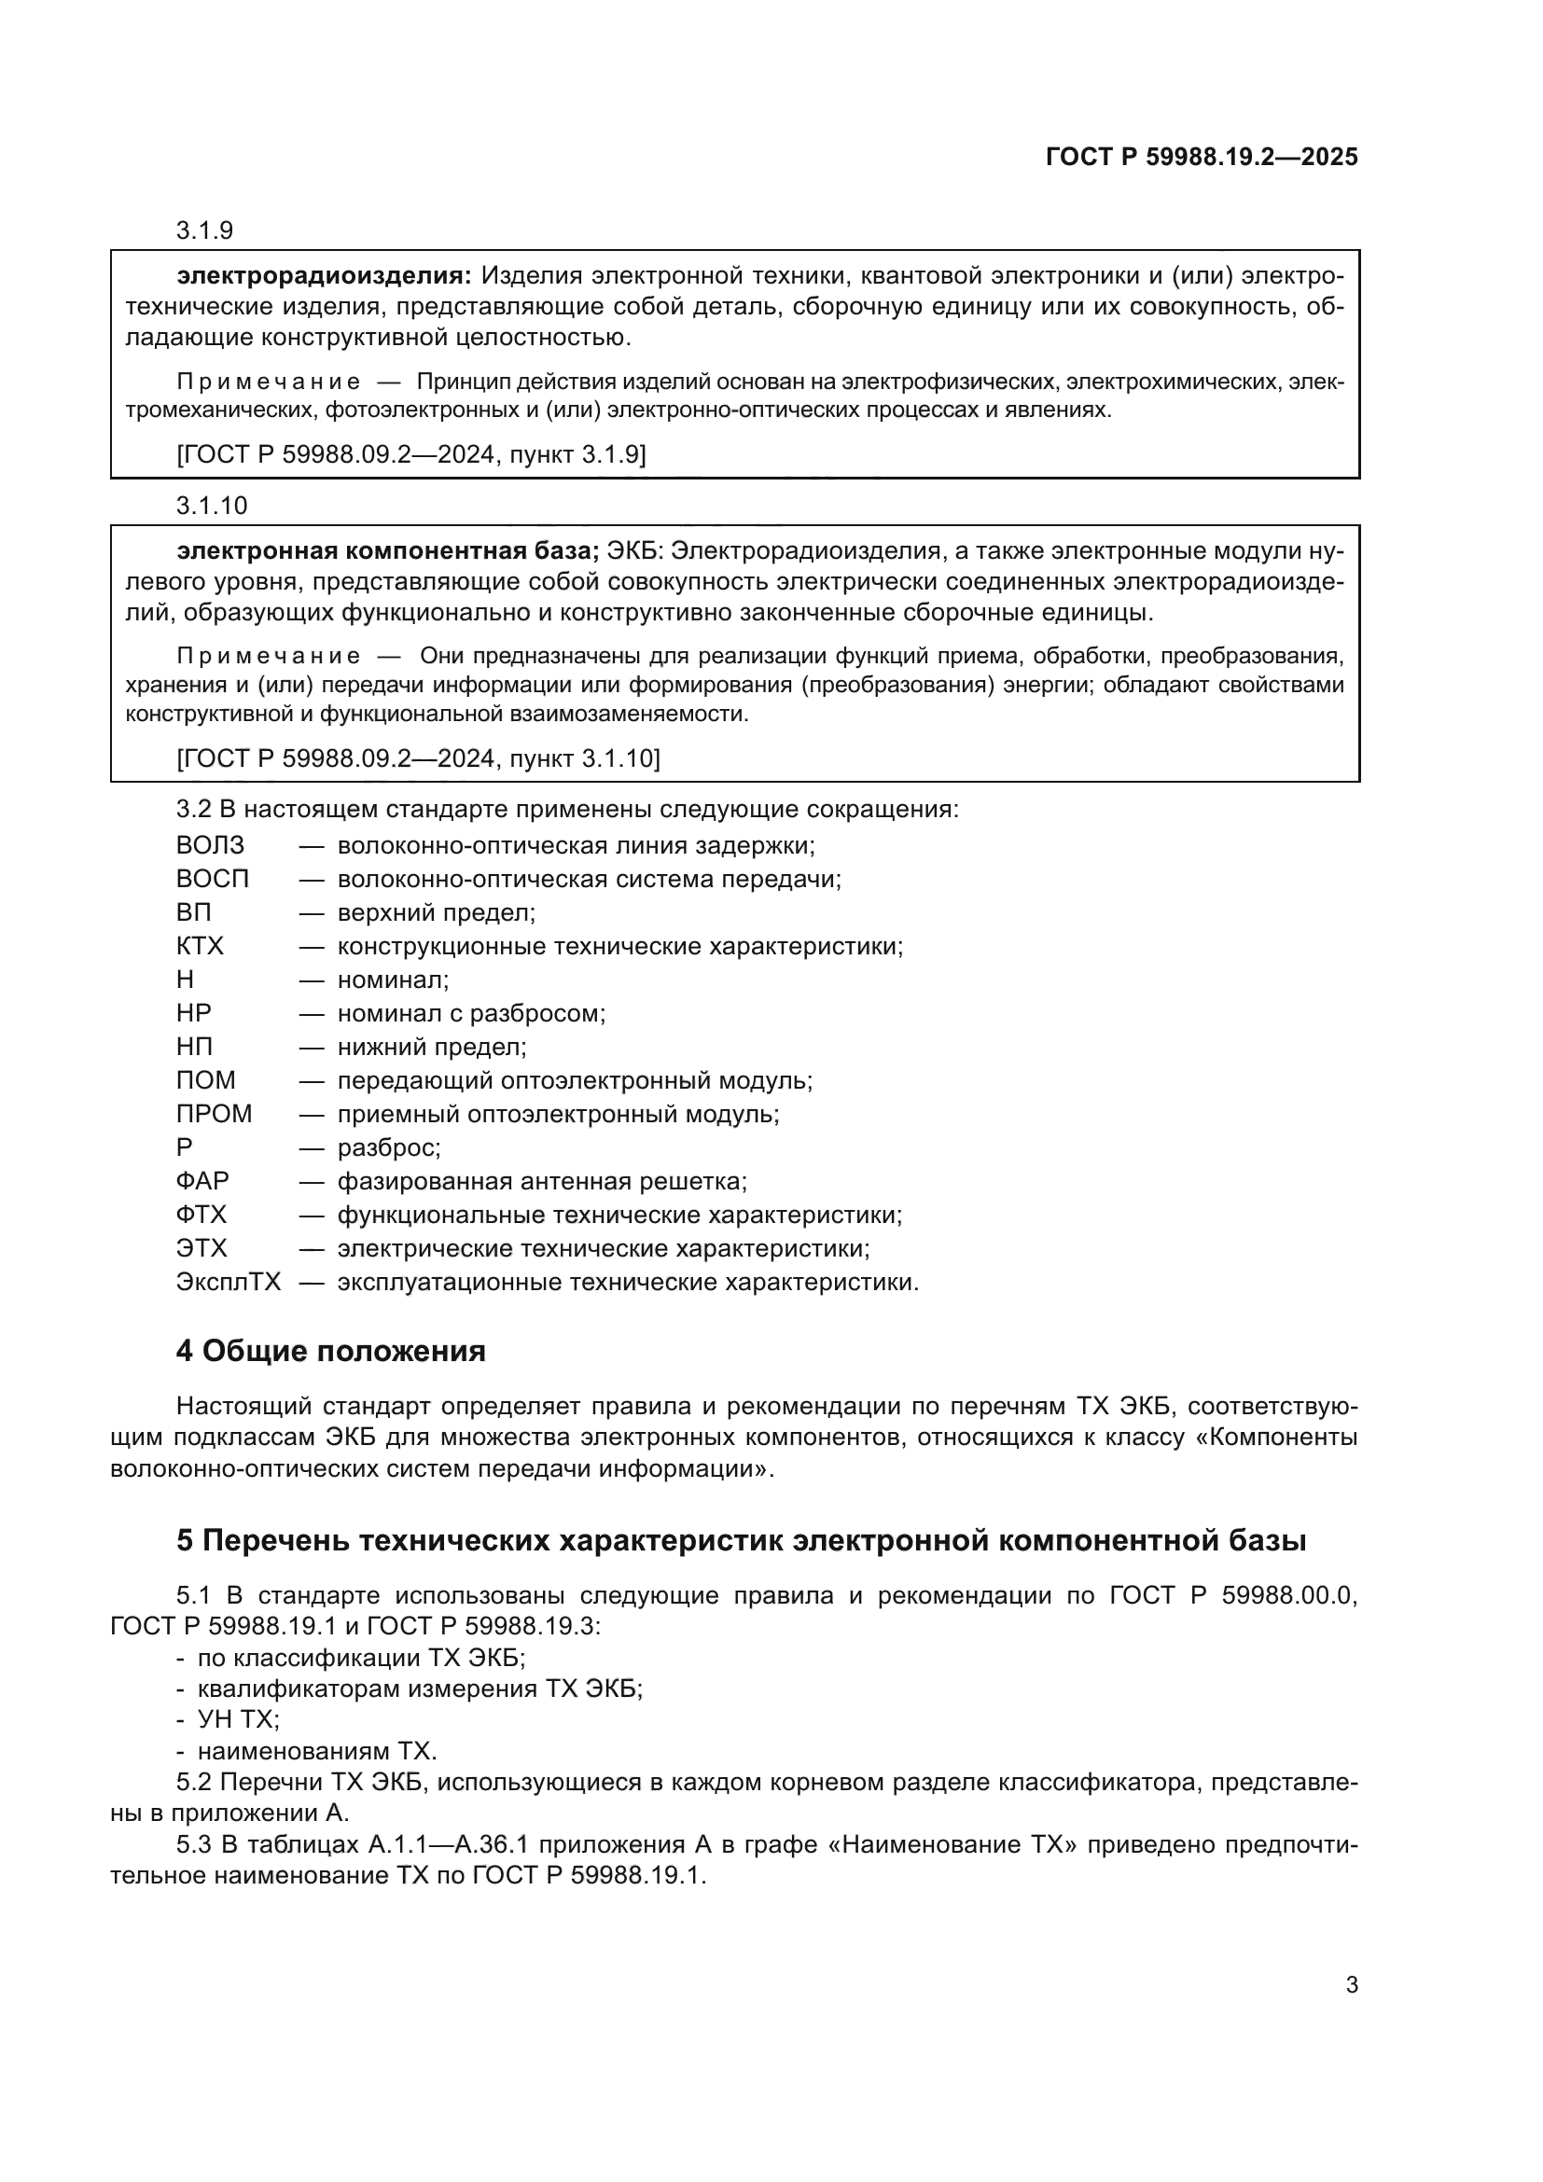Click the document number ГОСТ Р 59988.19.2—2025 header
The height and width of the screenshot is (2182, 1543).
tap(1201, 157)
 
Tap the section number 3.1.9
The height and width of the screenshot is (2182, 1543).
tap(204, 231)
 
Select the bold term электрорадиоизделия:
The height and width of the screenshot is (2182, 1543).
tap(324, 276)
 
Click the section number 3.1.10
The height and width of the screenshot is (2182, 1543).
tap(211, 506)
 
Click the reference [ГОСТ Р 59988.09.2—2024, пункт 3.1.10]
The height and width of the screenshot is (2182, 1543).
tap(418, 758)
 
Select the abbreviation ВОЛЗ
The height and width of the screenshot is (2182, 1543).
tap(210, 845)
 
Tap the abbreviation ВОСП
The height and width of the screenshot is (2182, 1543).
tap(212, 879)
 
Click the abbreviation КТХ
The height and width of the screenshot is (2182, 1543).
tap(200, 946)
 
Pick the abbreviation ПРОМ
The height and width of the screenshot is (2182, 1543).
tap(214, 1114)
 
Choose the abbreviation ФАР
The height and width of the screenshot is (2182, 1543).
tap(202, 1181)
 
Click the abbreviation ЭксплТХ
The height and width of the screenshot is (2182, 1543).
tap(228, 1282)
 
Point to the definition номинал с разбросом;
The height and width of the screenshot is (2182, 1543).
tap(471, 1013)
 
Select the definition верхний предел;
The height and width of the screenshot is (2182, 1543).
tap(436, 912)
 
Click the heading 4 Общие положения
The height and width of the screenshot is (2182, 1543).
tap(329, 1352)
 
